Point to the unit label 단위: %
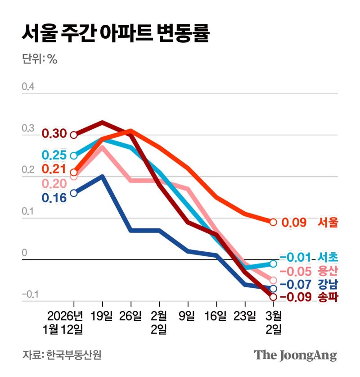[x=40, y=59]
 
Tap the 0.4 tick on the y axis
[x=28, y=86]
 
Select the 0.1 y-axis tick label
[x=28, y=211]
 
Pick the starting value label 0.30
[x=54, y=134]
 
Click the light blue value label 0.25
[x=54, y=155]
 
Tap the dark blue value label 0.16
[x=54, y=197]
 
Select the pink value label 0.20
[x=54, y=183]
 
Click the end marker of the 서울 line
[x=273, y=222]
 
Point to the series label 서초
[x=328, y=258]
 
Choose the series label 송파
[x=328, y=297]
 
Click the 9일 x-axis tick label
[x=187, y=315]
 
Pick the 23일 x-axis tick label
[x=245, y=315]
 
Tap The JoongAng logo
[x=295, y=354]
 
